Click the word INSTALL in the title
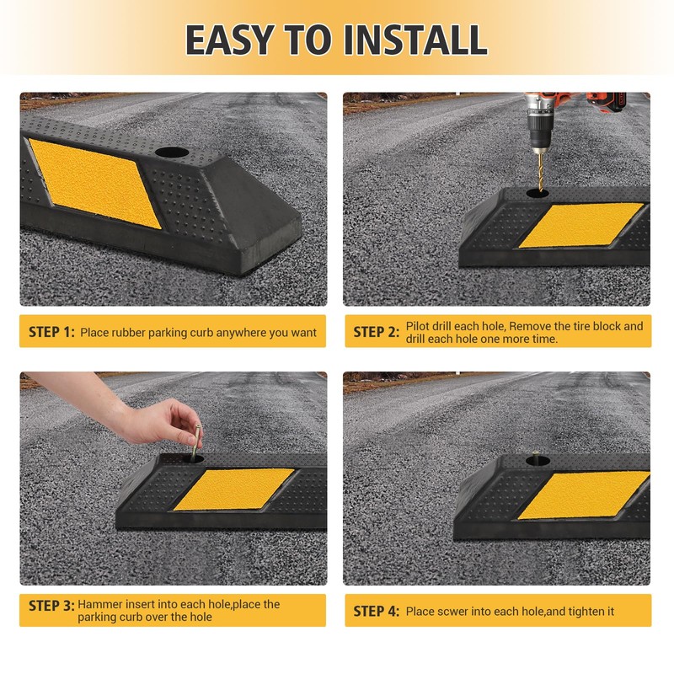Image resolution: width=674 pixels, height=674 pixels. point(415,40)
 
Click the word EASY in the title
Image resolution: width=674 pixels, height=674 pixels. point(230,40)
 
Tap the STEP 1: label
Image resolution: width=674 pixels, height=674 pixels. point(51,332)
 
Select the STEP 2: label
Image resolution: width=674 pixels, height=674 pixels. point(376,332)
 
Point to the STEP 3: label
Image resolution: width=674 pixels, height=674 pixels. point(51,606)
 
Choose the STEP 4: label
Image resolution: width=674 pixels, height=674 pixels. point(376,612)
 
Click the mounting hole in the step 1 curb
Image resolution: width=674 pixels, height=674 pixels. point(172,152)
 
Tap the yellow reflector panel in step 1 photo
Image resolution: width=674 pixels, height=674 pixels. point(94,183)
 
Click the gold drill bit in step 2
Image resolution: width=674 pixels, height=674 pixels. point(540,172)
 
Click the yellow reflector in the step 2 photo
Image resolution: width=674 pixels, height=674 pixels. point(581,226)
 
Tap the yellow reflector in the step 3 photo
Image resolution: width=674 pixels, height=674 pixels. point(234,489)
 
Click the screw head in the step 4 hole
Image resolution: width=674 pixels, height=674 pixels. point(536,453)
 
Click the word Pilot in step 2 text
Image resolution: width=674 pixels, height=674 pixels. point(417,326)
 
